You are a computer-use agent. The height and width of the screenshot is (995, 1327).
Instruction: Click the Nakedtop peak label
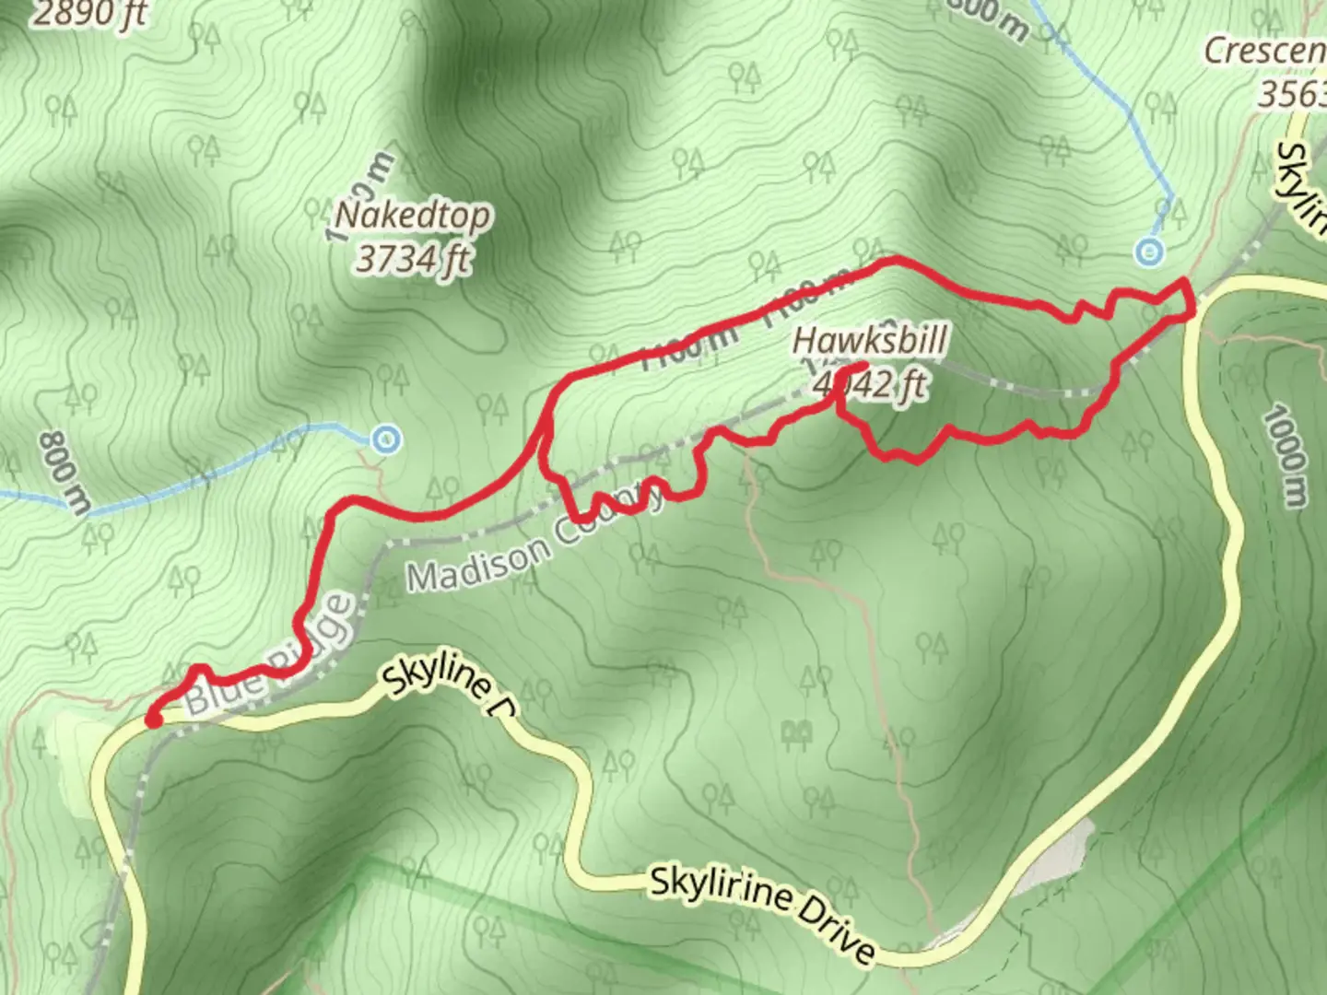(x=412, y=217)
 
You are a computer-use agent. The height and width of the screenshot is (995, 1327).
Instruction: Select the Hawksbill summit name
(x=869, y=341)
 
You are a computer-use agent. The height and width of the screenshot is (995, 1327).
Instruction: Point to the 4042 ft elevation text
(x=869, y=384)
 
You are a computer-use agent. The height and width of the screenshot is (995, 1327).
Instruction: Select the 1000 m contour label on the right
(x=1284, y=456)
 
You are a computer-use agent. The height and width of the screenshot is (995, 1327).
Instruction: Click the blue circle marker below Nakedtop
(x=388, y=439)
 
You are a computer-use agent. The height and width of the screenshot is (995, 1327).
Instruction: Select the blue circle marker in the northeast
(x=1148, y=251)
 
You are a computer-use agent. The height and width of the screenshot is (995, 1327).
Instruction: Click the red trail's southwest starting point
(x=153, y=720)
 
